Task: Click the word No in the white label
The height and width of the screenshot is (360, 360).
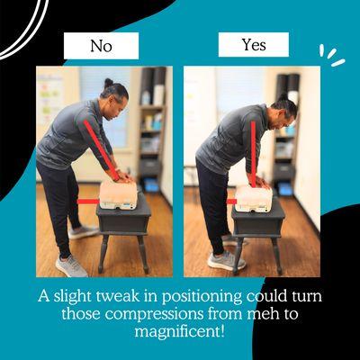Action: pyautogui.click(x=101, y=46)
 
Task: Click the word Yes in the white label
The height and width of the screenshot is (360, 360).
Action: pyautogui.click(x=254, y=45)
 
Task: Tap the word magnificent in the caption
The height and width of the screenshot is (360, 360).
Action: pyautogui.click(x=179, y=331)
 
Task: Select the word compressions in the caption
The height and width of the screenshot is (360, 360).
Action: pyautogui.click(x=160, y=314)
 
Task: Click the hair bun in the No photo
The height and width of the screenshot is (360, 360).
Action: pyautogui.click(x=109, y=82)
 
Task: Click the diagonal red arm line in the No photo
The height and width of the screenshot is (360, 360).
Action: pyautogui.click(x=102, y=150)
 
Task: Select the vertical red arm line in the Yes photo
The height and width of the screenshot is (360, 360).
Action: pyautogui.click(x=254, y=154)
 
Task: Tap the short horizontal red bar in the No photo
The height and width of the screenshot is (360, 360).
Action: pyautogui.click(x=88, y=202)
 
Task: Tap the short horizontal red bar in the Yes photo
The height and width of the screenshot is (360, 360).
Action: pyautogui.click(x=231, y=202)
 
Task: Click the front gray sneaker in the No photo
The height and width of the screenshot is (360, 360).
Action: pyautogui.click(x=71, y=265)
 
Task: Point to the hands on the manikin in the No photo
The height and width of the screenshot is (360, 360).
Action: pyautogui.click(x=123, y=176)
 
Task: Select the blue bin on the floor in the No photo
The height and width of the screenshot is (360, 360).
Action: pyautogui.click(x=151, y=185)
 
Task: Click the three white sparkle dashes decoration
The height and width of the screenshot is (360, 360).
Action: pyautogui.click(x=332, y=56)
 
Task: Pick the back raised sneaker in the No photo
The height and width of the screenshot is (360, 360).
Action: pyautogui.click(x=84, y=232)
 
